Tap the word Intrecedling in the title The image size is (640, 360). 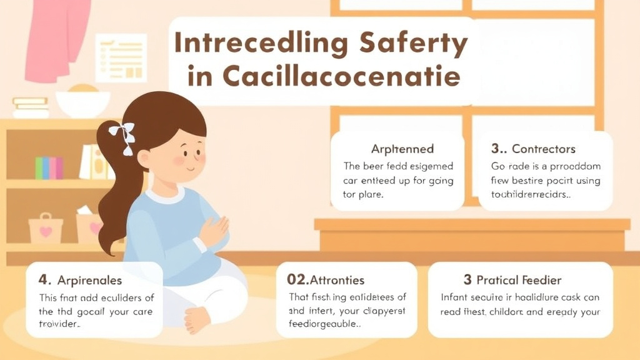[261, 44]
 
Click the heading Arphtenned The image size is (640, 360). [402, 149]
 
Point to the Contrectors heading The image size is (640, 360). [543, 149]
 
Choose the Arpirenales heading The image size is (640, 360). [89, 280]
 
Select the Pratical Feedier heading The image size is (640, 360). [519, 280]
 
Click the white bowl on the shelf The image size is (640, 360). [82, 102]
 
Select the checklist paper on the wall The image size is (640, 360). [121, 58]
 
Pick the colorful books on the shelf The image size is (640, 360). [49, 167]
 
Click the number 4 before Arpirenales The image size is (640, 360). [42, 280]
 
